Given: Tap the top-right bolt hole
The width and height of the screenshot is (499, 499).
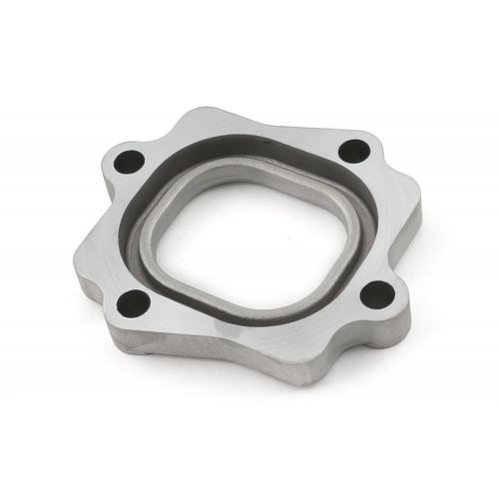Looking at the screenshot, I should pyautogui.click(x=351, y=152).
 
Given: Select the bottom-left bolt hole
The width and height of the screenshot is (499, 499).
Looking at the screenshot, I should pyautogui.click(x=132, y=300).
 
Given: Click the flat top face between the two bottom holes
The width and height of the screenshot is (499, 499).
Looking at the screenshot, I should pyautogui.click(x=249, y=339).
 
